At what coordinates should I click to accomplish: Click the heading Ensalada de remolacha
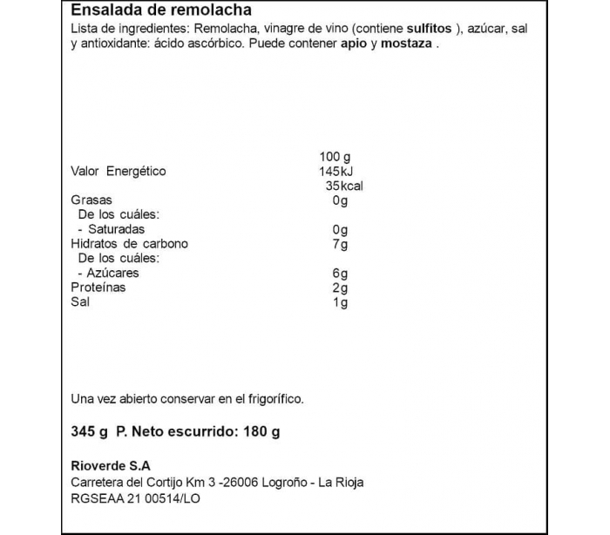[161, 11]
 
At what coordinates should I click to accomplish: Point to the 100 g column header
[335, 157]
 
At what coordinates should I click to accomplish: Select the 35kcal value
[342, 186]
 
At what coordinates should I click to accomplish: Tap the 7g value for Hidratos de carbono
[340, 244]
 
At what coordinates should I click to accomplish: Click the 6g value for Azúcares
[340, 274]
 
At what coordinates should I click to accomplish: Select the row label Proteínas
[98, 288]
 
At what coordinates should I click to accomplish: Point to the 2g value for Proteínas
[340, 288]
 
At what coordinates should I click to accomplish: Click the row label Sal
[79, 302]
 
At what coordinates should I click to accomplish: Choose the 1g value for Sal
[340, 302]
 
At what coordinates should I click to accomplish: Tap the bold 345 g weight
[89, 432]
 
